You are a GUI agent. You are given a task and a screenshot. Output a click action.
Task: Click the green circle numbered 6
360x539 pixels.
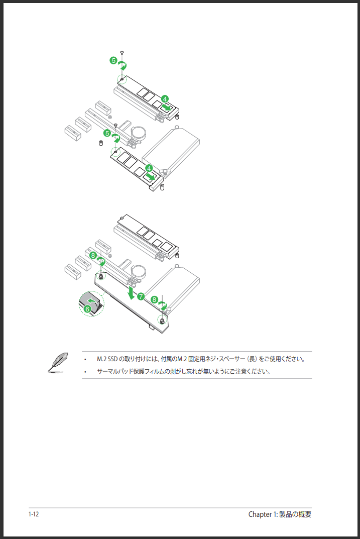click(x=87, y=309)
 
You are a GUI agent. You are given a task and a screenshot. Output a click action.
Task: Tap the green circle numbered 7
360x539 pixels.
click(x=141, y=296)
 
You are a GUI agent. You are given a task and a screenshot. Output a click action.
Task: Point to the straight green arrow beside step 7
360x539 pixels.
click(x=131, y=292)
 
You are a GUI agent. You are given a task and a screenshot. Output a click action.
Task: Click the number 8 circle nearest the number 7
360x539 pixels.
click(x=154, y=299)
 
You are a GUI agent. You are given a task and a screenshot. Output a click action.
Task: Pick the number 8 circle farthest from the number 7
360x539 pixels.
click(x=93, y=255)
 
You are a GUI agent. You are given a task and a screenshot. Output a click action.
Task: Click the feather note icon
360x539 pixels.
click(x=57, y=362)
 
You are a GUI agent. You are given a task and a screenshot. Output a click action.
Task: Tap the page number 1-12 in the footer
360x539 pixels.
click(x=34, y=514)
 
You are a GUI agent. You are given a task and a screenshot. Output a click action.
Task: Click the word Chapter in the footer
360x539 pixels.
click(x=260, y=514)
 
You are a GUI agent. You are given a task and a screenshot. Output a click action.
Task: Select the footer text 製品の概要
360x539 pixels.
click(x=295, y=514)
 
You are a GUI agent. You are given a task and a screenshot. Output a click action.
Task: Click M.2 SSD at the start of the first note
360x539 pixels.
click(x=107, y=359)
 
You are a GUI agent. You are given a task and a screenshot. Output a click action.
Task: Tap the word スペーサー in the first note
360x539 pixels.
click(x=232, y=359)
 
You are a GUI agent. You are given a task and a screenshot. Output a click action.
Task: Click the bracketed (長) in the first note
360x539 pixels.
click(x=253, y=359)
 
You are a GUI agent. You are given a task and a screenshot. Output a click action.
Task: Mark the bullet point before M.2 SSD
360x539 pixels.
click(x=85, y=360)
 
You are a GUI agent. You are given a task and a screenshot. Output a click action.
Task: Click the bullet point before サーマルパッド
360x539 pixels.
click(x=85, y=372)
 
